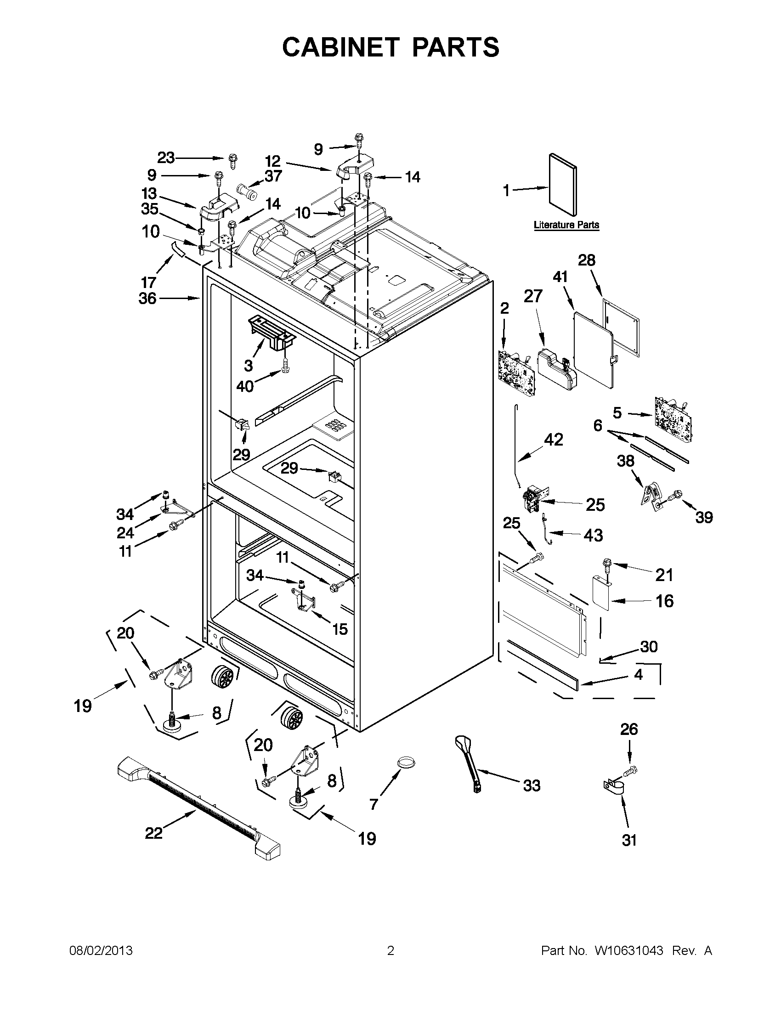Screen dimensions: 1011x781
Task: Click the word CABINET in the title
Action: pyautogui.click(x=341, y=47)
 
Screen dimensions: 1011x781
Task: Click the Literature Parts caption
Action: pyautogui.click(x=566, y=225)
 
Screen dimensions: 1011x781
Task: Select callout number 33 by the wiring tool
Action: pyautogui.click(x=532, y=785)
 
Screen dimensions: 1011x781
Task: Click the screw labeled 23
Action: pyautogui.click(x=232, y=161)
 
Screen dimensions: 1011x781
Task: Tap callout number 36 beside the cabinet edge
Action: pyautogui.click(x=147, y=299)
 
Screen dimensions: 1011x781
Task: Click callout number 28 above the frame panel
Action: pyautogui.click(x=587, y=260)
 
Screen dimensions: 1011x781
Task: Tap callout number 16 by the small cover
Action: pyautogui.click(x=664, y=601)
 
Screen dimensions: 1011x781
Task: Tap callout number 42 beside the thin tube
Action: pyautogui.click(x=554, y=439)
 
